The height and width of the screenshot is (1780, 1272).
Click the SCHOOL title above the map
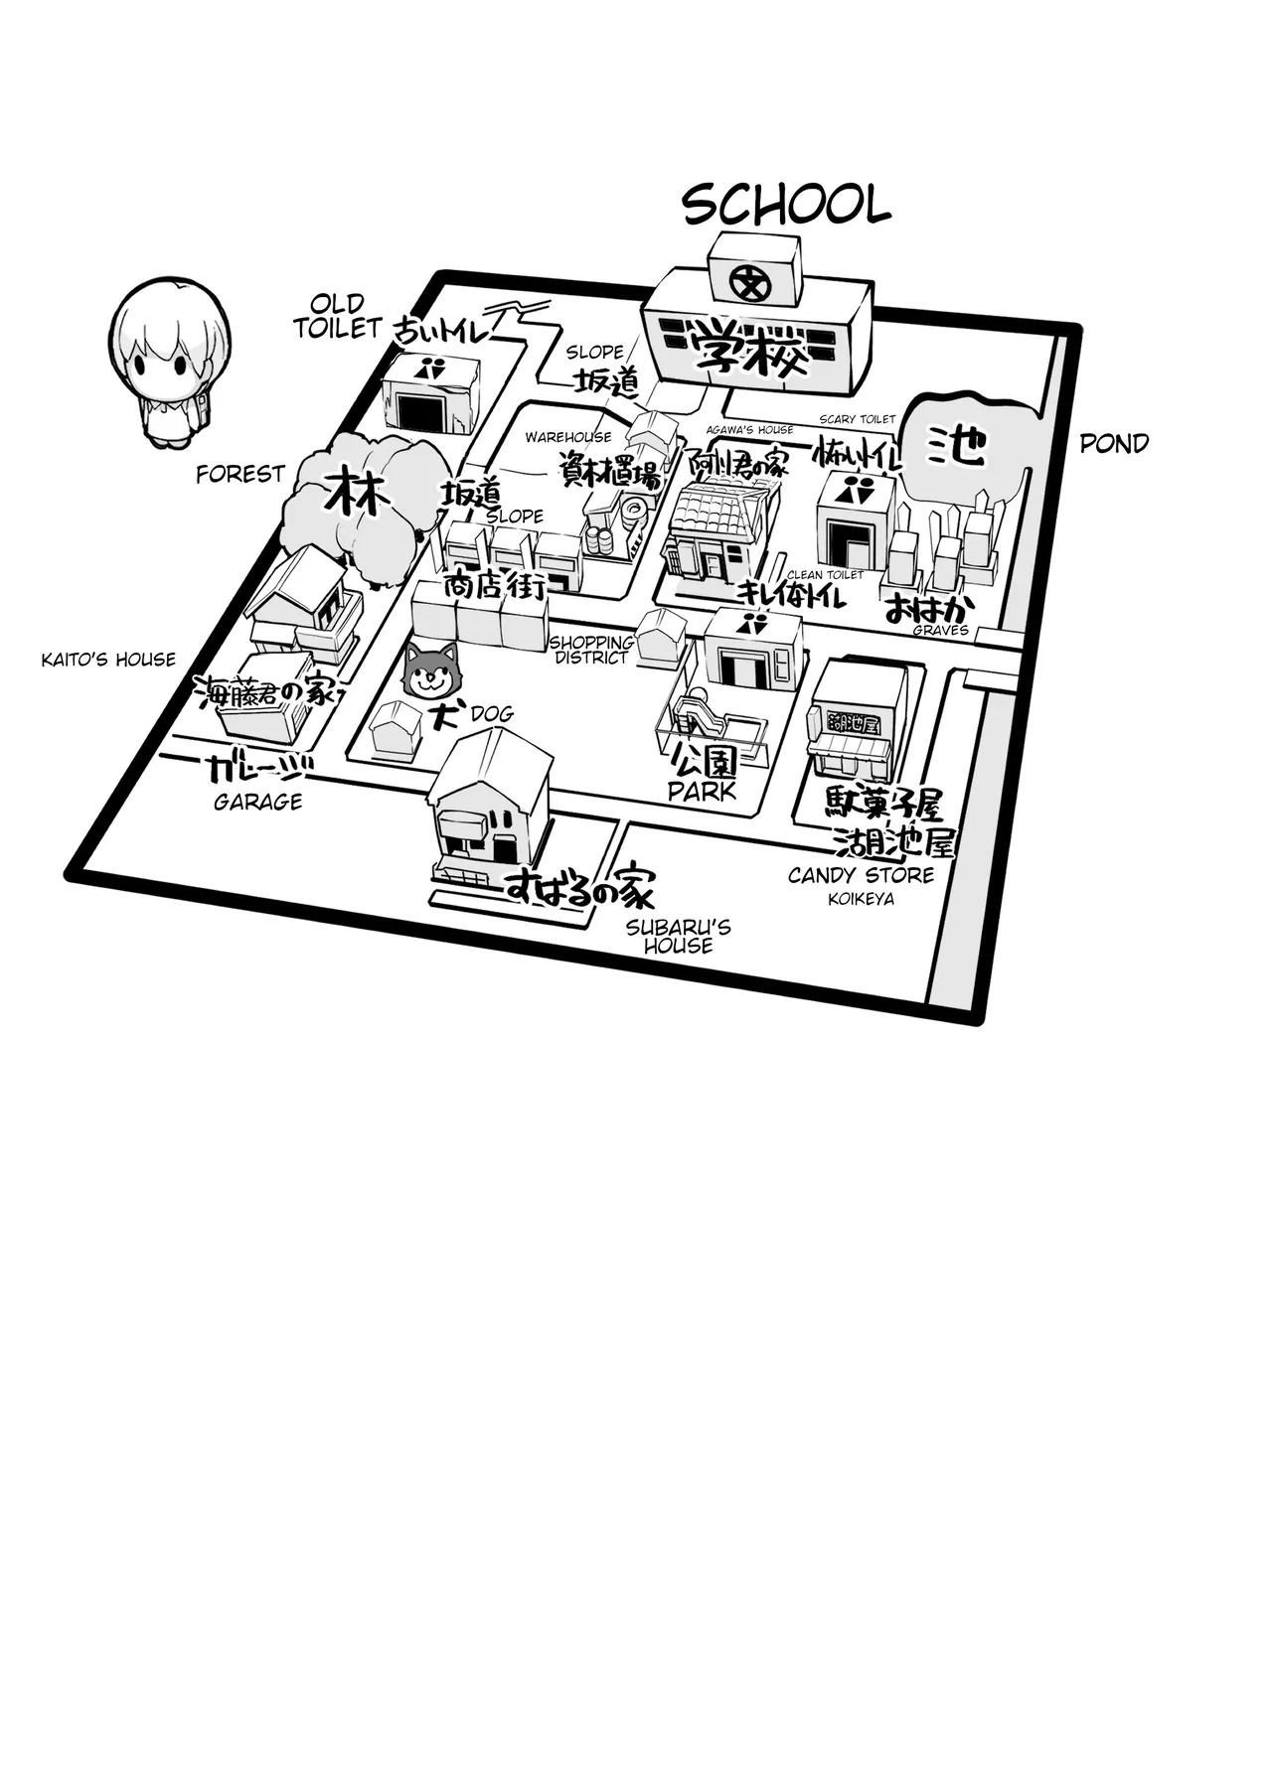[x=785, y=206]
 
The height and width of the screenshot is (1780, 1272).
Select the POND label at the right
[x=1114, y=444]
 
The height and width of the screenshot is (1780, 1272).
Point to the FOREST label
[x=240, y=475]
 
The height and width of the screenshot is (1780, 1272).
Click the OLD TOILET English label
[x=338, y=316]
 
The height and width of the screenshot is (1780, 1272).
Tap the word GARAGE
[x=258, y=802]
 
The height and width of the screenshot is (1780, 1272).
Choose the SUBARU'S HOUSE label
[x=679, y=936]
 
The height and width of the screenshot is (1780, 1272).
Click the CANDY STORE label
[x=861, y=875]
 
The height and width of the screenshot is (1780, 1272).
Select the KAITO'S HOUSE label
[x=108, y=660]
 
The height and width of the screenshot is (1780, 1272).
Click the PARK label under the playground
[x=703, y=792]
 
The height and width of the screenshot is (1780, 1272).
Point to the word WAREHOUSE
[x=568, y=437]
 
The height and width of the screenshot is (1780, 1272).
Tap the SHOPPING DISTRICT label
[x=591, y=650]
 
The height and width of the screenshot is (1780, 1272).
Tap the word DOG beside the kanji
[x=492, y=713]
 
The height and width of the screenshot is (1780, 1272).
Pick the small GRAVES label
[x=941, y=630]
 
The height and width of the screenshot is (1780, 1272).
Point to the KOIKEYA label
[x=861, y=899]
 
